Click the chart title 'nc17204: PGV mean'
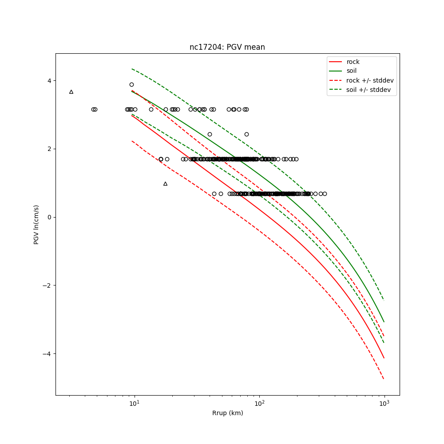pos(227,47)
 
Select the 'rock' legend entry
pos(353,62)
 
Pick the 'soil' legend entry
pos(351,71)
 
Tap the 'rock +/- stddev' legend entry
pos(370,80)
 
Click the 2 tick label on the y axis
pos(50,149)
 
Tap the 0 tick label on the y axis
pos(50,217)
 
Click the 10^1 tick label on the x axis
pos(134,404)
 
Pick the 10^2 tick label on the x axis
pos(259,404)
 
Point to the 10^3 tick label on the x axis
pos(384,404)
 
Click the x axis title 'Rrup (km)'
pos(227,413)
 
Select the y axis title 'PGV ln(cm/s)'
pos(36,224)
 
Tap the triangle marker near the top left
pos(71,92)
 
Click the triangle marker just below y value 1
pos(165,183)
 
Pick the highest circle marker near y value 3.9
pos(131,84)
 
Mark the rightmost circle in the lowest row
pos(325,194)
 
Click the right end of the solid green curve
pos(384,321)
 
